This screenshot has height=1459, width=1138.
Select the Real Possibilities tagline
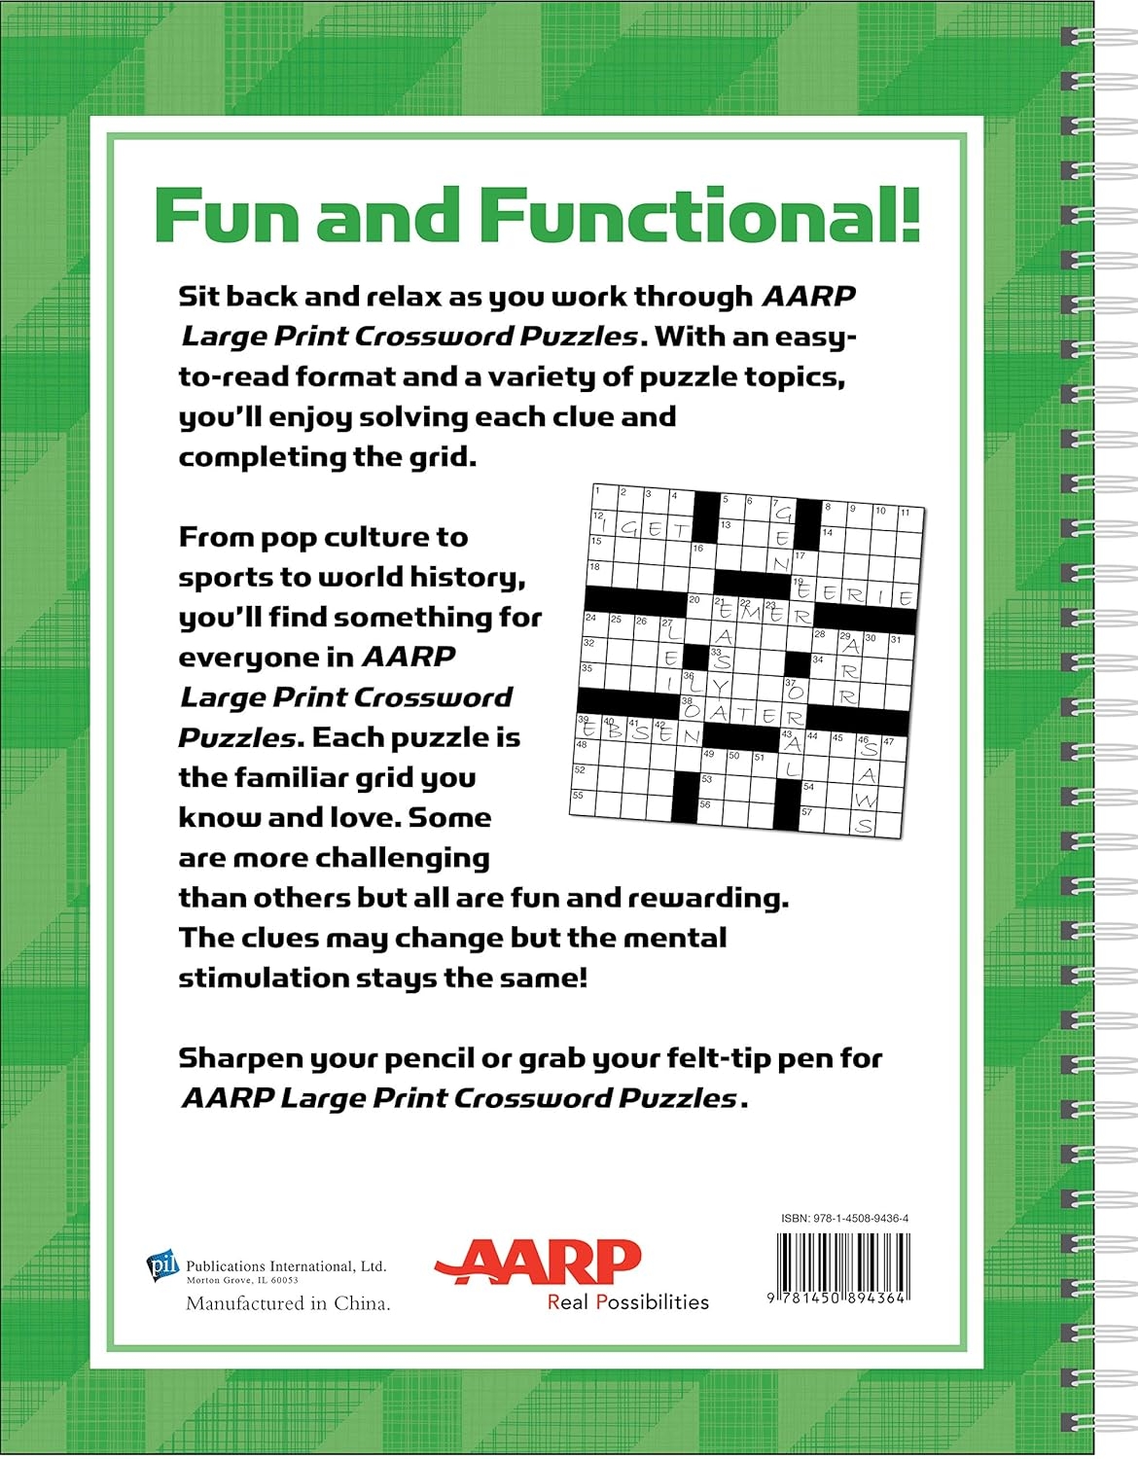(628, 1302)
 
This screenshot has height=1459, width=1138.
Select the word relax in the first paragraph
(409, 296)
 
